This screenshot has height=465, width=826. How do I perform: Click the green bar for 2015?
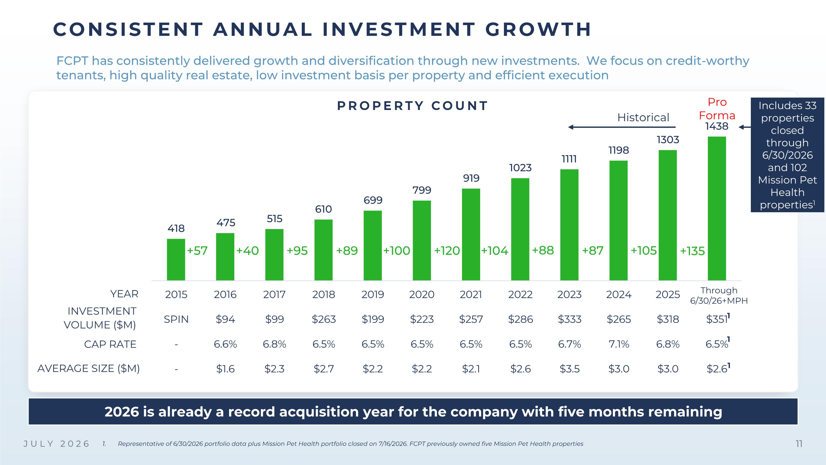[x=176, y=260]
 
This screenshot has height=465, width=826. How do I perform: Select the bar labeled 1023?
[x=520, y=229]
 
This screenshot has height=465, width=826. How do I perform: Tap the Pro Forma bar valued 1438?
[x=717, y=209]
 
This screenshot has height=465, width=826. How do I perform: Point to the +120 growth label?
[x=447, y=251]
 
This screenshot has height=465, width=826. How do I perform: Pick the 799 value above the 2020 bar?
[x=422, y=190]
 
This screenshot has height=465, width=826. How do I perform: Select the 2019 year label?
[x=373, y=294]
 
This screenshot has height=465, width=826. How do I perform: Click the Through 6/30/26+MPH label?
[x=719, y=295]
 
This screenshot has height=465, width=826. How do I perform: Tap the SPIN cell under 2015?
[x=176, y=319]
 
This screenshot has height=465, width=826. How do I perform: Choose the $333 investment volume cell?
[x=569, y=319]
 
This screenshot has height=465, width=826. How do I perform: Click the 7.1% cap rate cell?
[x=619, y=344]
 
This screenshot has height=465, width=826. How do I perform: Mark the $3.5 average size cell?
[x=569, y=369]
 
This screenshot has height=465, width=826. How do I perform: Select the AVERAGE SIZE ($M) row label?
[x=88, y=369]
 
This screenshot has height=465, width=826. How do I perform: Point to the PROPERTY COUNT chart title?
[x=413, y=106]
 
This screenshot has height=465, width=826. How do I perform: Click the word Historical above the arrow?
[x=643, y=117]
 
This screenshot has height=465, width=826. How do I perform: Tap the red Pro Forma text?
[x=717, y=109]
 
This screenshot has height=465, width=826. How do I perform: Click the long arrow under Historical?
[x=622, y=127]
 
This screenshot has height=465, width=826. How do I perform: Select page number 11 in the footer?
[x=799, y=444]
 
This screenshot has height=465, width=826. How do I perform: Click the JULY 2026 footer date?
[x=57, y=444]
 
